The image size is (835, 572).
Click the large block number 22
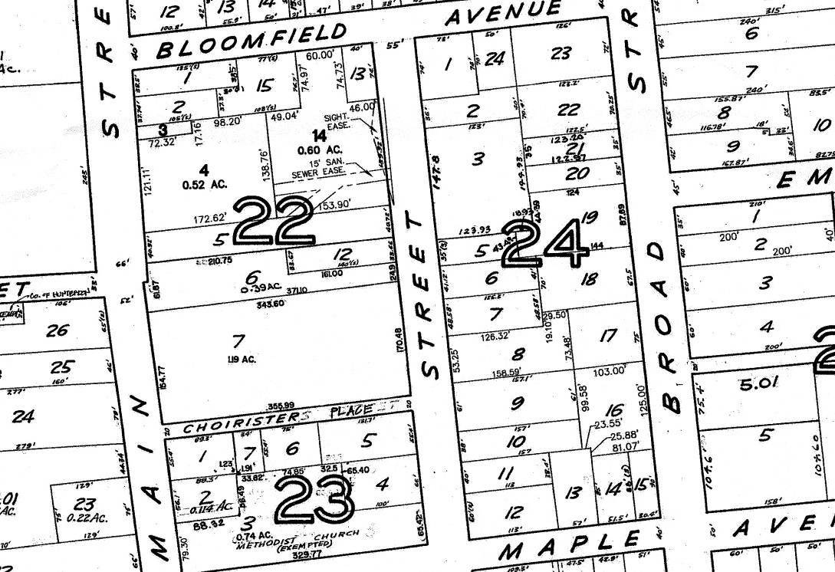coord(274,221)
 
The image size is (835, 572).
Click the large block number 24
coord(547,242)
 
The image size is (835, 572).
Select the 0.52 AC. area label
coord(202,185)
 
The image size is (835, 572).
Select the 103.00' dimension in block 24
coord(609,371)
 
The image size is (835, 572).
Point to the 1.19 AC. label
coord(241,359)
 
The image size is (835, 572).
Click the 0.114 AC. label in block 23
coord(214,507)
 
